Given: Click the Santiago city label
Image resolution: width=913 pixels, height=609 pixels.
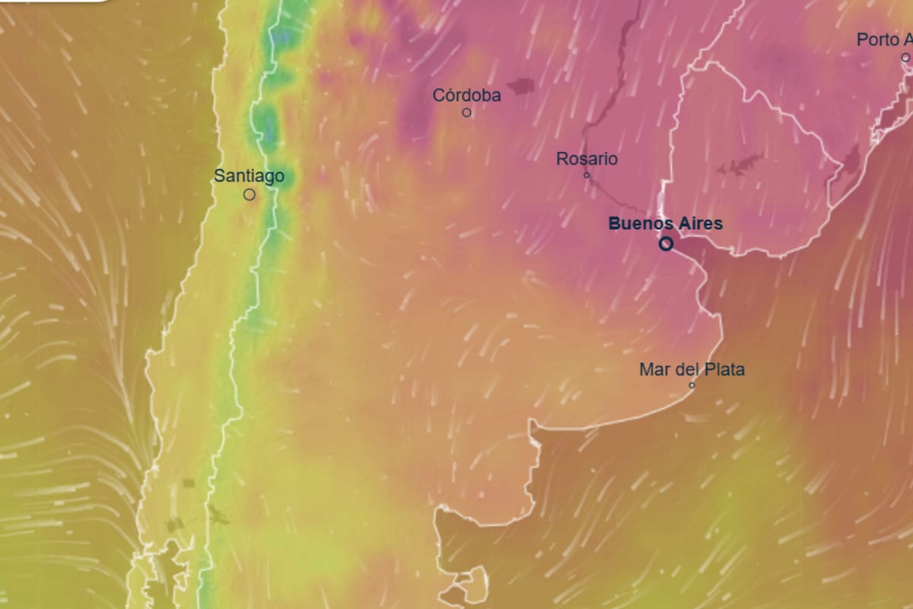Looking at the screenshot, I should coord(249,177).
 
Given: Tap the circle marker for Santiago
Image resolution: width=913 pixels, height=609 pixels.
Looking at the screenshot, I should coord(249,195).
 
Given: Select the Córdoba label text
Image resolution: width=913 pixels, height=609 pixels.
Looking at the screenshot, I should coord(466,96).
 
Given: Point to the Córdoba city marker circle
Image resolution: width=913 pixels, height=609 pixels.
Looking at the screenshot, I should coord(467,113).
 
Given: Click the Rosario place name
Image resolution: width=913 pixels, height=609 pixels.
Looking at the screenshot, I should coord(587,160).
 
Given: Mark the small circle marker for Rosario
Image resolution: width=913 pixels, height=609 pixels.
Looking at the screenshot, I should coord(587,175).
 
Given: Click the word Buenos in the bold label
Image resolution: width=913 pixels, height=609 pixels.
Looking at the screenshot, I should coord(641,225).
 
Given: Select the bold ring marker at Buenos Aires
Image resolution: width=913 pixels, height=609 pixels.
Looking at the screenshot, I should coord(666,244).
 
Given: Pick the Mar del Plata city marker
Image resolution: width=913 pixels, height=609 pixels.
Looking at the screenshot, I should coord(692,385).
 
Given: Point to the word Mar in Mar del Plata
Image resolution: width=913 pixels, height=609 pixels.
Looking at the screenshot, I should coord(653,370).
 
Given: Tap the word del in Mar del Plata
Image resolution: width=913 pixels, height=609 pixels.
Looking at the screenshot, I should coord(686,370).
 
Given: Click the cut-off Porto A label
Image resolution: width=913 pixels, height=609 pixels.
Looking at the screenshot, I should coord(883,40).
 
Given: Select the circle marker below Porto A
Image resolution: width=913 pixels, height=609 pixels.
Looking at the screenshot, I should coord(905,57).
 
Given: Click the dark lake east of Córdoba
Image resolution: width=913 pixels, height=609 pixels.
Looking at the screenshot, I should coord(521,87).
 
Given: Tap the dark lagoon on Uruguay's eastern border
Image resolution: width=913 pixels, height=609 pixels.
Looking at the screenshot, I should coord(850,160).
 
